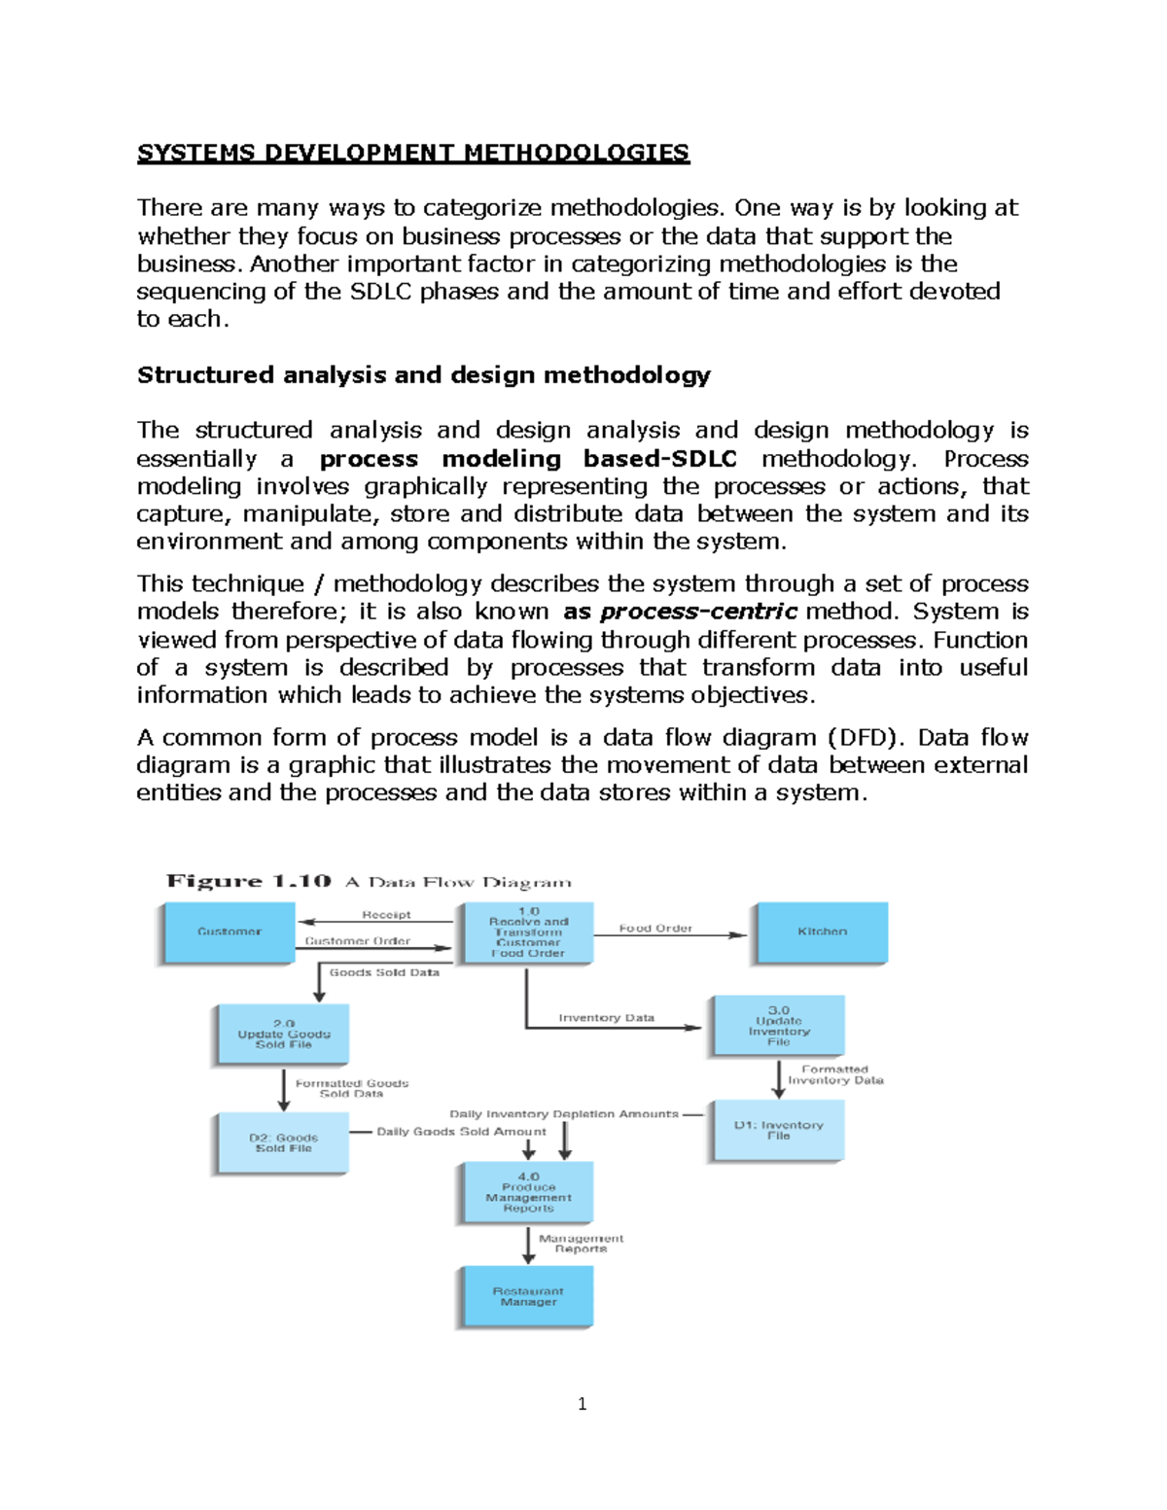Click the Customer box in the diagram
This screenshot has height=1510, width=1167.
click(x=230, y=931)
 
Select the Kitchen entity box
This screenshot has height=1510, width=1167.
click(x=822, y=931)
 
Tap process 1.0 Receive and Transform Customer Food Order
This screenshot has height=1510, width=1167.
click(x=528, y=932)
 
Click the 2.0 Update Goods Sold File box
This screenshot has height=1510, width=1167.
click(x=284, y=1035)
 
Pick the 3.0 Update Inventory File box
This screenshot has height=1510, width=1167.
click(x=778, y=1026)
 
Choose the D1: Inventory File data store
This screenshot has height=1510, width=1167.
click(x=778, y=1130)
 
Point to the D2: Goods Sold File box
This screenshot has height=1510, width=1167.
click(x=283, y=1142)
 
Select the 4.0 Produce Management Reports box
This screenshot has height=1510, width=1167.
click(x=528, y=1192)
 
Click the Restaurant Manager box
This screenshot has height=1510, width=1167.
click(x=528, y=1296)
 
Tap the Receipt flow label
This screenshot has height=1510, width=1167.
click(x=386, y=915)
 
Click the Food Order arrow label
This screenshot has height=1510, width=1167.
click(x=655, y=928)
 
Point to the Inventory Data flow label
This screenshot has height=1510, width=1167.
click(x=606, y=1017)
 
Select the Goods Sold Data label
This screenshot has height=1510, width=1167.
click(x=384, y=972)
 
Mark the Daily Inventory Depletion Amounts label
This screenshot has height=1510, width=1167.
click(x=564, y=1113)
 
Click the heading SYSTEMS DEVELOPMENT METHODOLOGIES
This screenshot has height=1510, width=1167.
click(x=413, y=153)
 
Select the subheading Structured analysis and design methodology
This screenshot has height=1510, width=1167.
click(x=424, y=375)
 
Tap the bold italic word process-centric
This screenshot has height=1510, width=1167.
click(x=699, y=612)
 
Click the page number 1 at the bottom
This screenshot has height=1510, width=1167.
click(x=582, y=1403)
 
